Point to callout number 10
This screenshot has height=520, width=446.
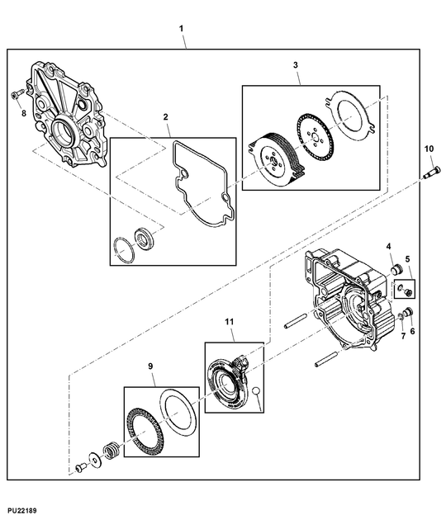[428, 149]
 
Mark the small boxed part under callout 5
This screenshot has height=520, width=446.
[406, 289]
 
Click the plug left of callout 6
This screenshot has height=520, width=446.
[406, 310]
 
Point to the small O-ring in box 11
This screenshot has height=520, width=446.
[257, 390]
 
